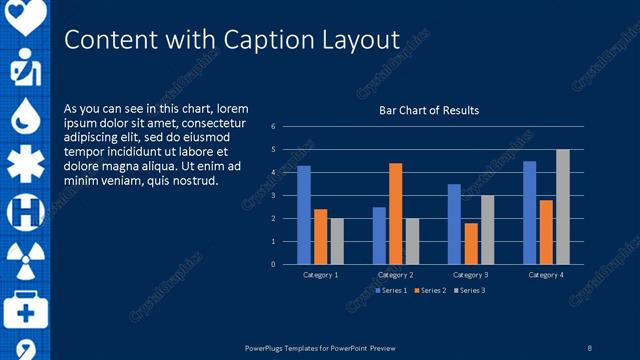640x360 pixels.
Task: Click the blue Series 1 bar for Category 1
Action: [x=304, y=215]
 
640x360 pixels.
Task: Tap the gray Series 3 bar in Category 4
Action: [x=563, y=207]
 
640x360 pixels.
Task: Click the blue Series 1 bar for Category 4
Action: [x=530, y=212]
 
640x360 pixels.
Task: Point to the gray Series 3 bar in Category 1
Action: [x=337, y=241]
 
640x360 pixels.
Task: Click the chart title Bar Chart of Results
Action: [x=428, y=110]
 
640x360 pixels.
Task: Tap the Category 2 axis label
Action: [x=396, y=274]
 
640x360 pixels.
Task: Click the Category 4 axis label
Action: [x=546, y=274]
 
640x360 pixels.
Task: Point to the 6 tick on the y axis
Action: [x=274, y=127]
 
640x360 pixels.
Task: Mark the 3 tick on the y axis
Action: [x=274, y=196]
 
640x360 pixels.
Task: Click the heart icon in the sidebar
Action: [x=25, y=15]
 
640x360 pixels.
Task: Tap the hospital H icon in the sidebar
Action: [x=25, y=211]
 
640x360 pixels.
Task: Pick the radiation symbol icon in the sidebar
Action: [x=25, y=259]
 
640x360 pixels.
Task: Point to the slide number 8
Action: [x=589, y=347]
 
